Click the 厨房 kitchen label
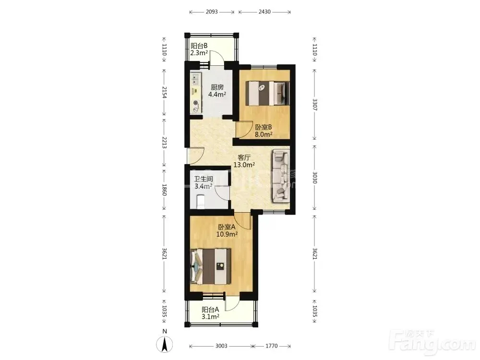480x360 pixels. point(217,87)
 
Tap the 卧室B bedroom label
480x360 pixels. point(264,127)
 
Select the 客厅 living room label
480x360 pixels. point(244,157)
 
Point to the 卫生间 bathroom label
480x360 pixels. point(203,179)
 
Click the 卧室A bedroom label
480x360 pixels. point(227,227)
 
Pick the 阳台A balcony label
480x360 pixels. point(210,310)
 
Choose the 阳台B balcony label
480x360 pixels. point(199,46)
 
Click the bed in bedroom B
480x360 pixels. point(268,93)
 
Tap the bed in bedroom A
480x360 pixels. point(210,266)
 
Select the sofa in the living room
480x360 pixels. point(280,176)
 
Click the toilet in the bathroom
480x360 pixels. point(201,201)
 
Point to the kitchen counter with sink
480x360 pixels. point(196,93)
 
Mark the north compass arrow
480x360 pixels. point(165,344)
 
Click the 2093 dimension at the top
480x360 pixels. point(212,12)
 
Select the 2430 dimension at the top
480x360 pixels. point(264,12)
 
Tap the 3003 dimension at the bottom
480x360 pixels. point(221,346)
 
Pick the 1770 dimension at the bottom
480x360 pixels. point(271,346)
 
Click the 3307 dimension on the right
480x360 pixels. point(315,105)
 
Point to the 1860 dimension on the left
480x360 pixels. point(164,190)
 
